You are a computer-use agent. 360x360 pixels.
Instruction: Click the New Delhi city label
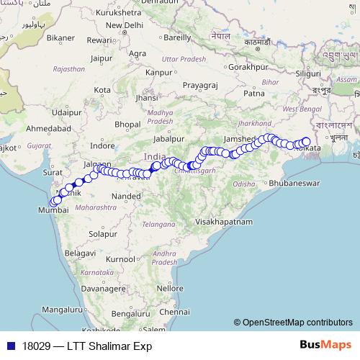(x=125, y=25)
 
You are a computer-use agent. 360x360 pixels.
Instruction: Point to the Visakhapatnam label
(x=221, y=222)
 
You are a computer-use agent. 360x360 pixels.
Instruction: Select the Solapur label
(x=102, y=234)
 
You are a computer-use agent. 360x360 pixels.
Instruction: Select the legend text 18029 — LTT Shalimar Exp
(x=87, y=346)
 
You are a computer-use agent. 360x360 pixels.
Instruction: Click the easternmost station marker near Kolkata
(x=306, y=142)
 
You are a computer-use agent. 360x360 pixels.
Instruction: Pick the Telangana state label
(x=158, y=224)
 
